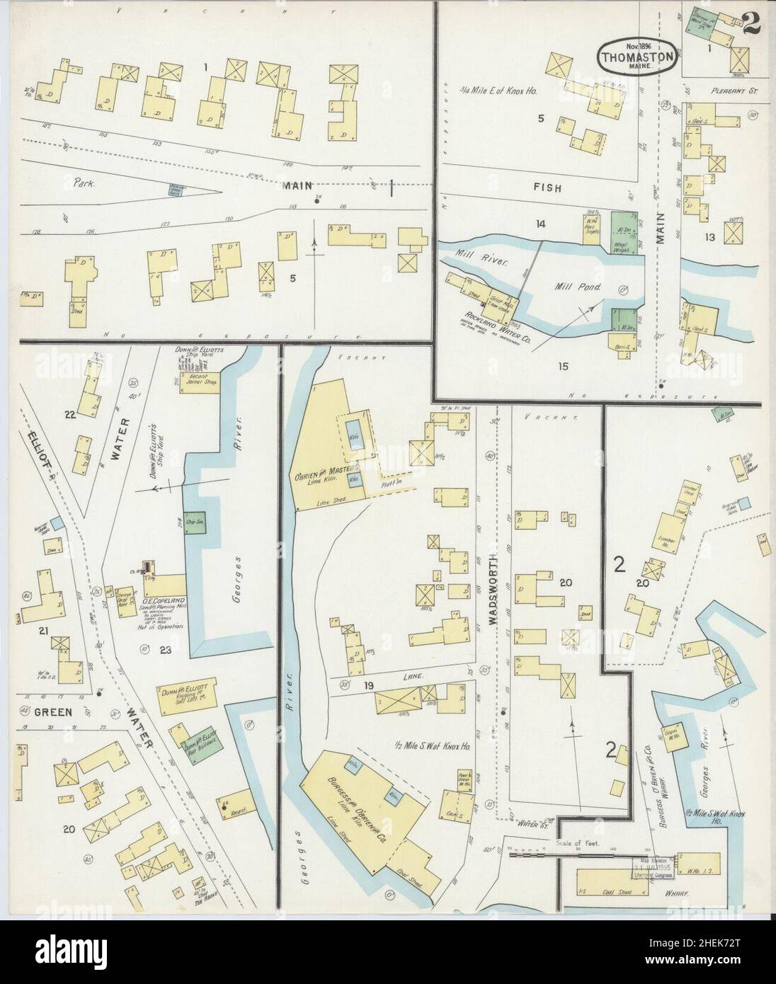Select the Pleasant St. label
click(733, 91)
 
